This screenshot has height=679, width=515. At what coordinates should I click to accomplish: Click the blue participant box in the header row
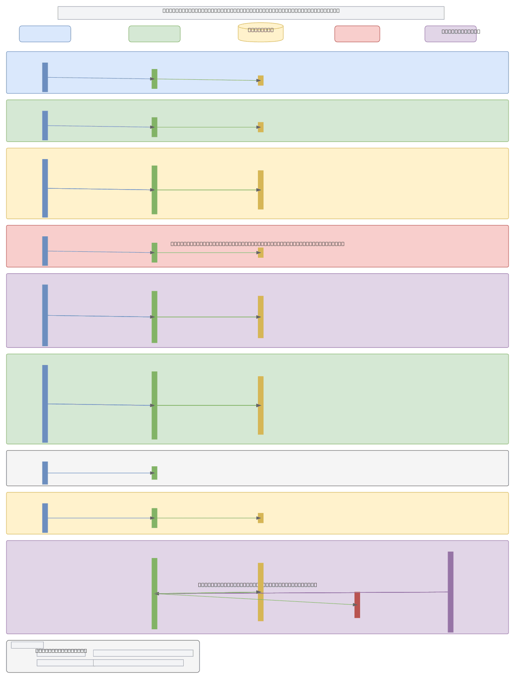(45, 34)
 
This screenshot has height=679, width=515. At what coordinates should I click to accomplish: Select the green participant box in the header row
(154, 34)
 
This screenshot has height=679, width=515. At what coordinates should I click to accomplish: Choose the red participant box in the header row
(357, 34)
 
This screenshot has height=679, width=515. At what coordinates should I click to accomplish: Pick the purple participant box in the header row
(451, 34)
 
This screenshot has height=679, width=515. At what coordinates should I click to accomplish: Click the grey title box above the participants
(251, 13)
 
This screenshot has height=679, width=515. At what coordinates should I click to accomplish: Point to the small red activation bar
(357, 605)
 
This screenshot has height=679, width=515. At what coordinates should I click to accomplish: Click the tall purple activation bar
(451, 591)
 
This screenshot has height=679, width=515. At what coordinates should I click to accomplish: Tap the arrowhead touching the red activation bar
(355, 605)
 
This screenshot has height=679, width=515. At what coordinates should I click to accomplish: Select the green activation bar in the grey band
(154, 473)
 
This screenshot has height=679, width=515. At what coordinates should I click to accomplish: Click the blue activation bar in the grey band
(45, 473)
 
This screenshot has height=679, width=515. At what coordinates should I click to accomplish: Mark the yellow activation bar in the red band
(261, 253)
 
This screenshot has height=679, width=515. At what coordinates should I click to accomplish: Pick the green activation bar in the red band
(154, 253)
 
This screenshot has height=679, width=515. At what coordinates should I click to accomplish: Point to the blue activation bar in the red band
(45, 251)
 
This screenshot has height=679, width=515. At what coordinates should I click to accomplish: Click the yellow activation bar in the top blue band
(261, 81)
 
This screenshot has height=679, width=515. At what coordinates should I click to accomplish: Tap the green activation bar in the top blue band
(154, 79)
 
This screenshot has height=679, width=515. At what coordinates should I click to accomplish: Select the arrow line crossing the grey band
(99, 473)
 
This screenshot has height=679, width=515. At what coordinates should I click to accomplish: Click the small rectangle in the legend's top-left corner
(27, 645)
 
